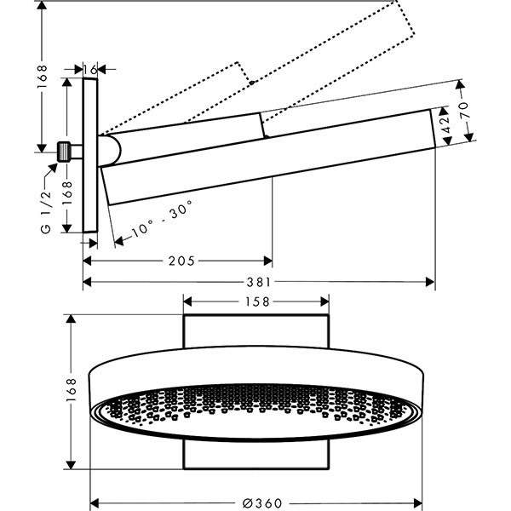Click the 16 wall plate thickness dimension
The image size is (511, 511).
tap(91, 68)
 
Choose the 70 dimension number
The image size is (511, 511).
tap(465, 108)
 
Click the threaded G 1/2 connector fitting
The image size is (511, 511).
tap(65, 151)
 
